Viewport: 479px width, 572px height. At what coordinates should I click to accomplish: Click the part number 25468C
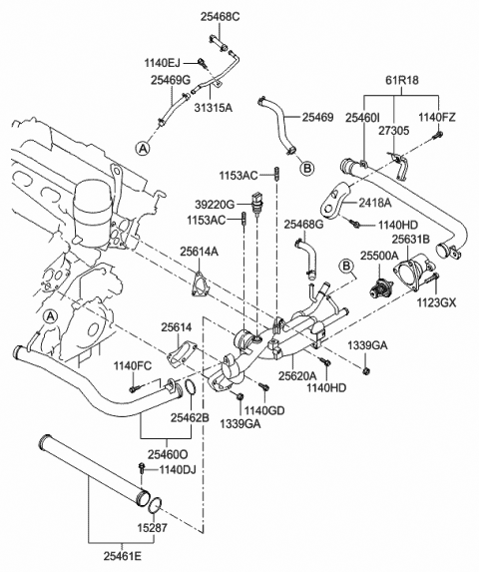coord(220,17)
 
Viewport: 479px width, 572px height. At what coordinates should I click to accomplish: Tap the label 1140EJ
coord(162,63)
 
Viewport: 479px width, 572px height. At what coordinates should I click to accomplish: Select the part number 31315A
coord(214,107)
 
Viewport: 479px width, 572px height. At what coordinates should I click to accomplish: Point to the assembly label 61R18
coord(402,80)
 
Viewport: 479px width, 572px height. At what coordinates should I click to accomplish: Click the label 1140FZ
coord(437,118)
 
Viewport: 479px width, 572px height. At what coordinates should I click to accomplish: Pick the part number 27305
coord(393,130)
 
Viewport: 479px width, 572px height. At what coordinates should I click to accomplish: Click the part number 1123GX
coord(437,302)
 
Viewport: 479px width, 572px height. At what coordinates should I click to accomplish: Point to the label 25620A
coord(297,375)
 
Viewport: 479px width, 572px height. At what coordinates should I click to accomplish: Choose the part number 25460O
coord(168,454)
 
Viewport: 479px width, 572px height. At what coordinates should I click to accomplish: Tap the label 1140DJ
coord(178,470)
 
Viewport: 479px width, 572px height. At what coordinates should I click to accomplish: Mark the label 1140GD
coord(264,410)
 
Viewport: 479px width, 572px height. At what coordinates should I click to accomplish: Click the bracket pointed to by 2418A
coord(335,201)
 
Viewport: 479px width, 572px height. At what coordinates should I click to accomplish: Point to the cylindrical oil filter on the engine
coord(91,212)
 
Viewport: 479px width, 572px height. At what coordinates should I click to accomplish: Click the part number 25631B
coord(411,240)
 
